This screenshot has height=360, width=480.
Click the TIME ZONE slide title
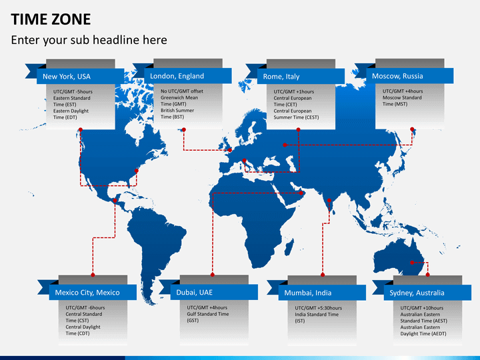[51, 19]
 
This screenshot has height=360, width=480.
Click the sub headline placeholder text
[89, 40]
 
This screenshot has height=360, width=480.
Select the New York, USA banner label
[67, 77]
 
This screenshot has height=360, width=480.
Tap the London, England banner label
[177, 76]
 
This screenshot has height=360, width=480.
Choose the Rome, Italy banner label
[281, 77]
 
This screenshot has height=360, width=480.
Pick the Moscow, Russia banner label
[397, 76]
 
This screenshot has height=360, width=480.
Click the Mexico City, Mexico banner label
[87, 293]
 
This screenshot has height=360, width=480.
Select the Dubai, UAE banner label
[195, 293]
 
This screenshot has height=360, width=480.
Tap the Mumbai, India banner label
[307, 293]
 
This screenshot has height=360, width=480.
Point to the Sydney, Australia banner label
[417, 293]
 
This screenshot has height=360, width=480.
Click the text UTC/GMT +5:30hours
[319, 308]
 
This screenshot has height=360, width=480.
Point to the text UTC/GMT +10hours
[422, 308]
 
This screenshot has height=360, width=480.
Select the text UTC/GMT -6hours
[85, 307]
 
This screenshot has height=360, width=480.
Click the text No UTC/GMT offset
[182, 91]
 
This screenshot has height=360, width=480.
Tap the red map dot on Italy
[244, 161]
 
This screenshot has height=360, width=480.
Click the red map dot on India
[329, 201]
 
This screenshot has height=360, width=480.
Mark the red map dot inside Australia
[412, 263]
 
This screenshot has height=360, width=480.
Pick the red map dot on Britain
[230, 150]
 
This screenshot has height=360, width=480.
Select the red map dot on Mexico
[115, 201]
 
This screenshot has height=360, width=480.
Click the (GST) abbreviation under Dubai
[193, 321]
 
